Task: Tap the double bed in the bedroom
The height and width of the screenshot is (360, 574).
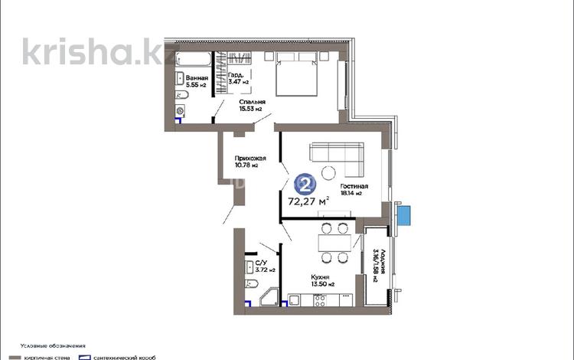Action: (x=296, y=74)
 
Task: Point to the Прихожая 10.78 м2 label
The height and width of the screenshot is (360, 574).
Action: (x=249, y=161)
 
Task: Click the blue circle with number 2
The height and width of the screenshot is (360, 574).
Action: (x=305, y=184)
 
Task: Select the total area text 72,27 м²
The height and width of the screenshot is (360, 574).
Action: (x=308, y=202)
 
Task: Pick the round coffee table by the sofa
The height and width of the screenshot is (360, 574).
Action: (x=329, y=172)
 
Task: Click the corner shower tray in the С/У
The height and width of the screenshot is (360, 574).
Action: (x=269, y=296)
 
